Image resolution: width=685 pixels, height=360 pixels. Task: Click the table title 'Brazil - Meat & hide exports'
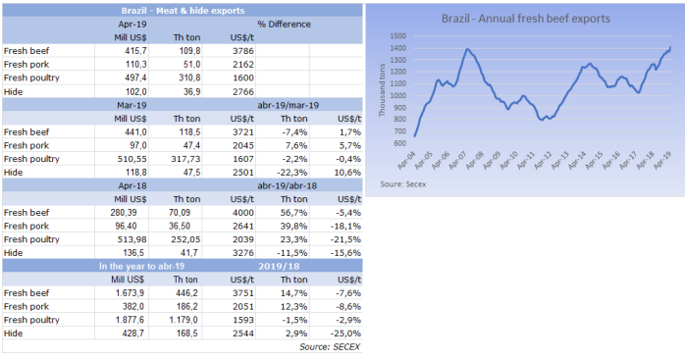point(183,11)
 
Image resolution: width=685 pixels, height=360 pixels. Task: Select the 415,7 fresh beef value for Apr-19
point(135,51)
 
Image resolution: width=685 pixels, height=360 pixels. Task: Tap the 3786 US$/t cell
point(242,51)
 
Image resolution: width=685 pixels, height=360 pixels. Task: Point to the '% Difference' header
point(284,24)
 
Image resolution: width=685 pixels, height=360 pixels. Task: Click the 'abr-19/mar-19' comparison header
point(288,105)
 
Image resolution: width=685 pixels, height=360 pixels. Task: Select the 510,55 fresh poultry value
point(132,159)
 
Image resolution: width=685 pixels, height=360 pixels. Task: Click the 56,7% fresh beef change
point(294,213)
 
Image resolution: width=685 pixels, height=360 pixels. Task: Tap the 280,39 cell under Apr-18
point(125,213)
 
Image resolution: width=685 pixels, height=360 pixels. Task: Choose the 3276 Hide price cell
point(242,253)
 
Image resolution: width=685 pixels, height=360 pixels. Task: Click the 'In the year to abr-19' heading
point(141,266)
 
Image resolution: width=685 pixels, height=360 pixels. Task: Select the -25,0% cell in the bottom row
point(346,334)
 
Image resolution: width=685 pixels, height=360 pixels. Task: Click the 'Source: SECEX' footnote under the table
point(330,347)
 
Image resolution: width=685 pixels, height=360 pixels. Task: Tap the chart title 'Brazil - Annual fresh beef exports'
point(526,19)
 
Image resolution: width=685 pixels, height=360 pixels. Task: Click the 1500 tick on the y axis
point(398,36)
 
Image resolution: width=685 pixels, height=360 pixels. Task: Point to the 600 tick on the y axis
point(399,143)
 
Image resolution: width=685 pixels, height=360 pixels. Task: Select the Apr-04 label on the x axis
point(406,160)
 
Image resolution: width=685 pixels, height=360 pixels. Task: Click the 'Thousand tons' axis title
point(383,90)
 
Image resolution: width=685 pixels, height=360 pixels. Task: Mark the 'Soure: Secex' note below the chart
point(402,184)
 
